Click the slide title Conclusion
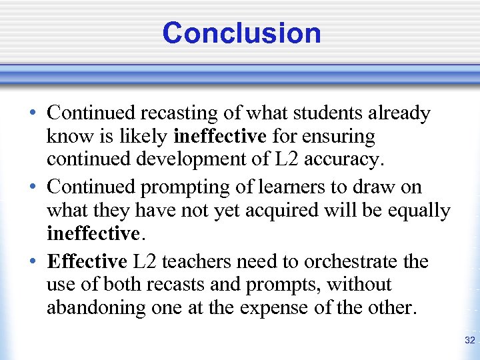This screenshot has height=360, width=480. coord(241,33)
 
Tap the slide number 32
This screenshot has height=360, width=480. coord(469,341)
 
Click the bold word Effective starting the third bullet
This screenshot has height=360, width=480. coord(87,261)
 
